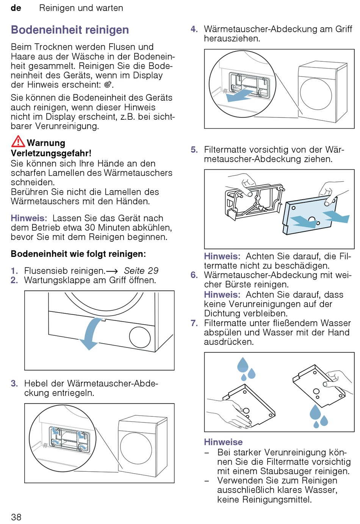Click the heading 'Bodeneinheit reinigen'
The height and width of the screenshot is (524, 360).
tap(70, 30)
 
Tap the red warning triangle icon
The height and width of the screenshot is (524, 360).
tap(18, 141)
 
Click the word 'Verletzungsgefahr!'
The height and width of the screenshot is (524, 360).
tap(51, 153)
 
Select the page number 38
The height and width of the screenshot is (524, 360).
tap(16, 517)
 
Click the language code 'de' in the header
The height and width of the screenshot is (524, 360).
tap(16, 8)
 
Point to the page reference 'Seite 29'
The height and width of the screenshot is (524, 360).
tap(141, 271)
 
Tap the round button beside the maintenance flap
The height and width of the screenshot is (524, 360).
tap(139, 337)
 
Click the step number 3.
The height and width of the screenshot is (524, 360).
tap(14, 383)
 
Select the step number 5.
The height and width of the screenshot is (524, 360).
tap(194, 150)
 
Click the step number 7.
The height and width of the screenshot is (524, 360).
tap(194, 323)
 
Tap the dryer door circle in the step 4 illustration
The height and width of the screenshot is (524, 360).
tap(316, 94)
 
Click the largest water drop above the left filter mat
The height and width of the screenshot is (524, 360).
tap(243, 364)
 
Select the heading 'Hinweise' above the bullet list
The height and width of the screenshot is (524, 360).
tap(223, 442)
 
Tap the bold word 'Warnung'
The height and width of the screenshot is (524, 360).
tap(46, 143)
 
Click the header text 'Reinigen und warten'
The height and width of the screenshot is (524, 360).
tap(81, 8)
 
